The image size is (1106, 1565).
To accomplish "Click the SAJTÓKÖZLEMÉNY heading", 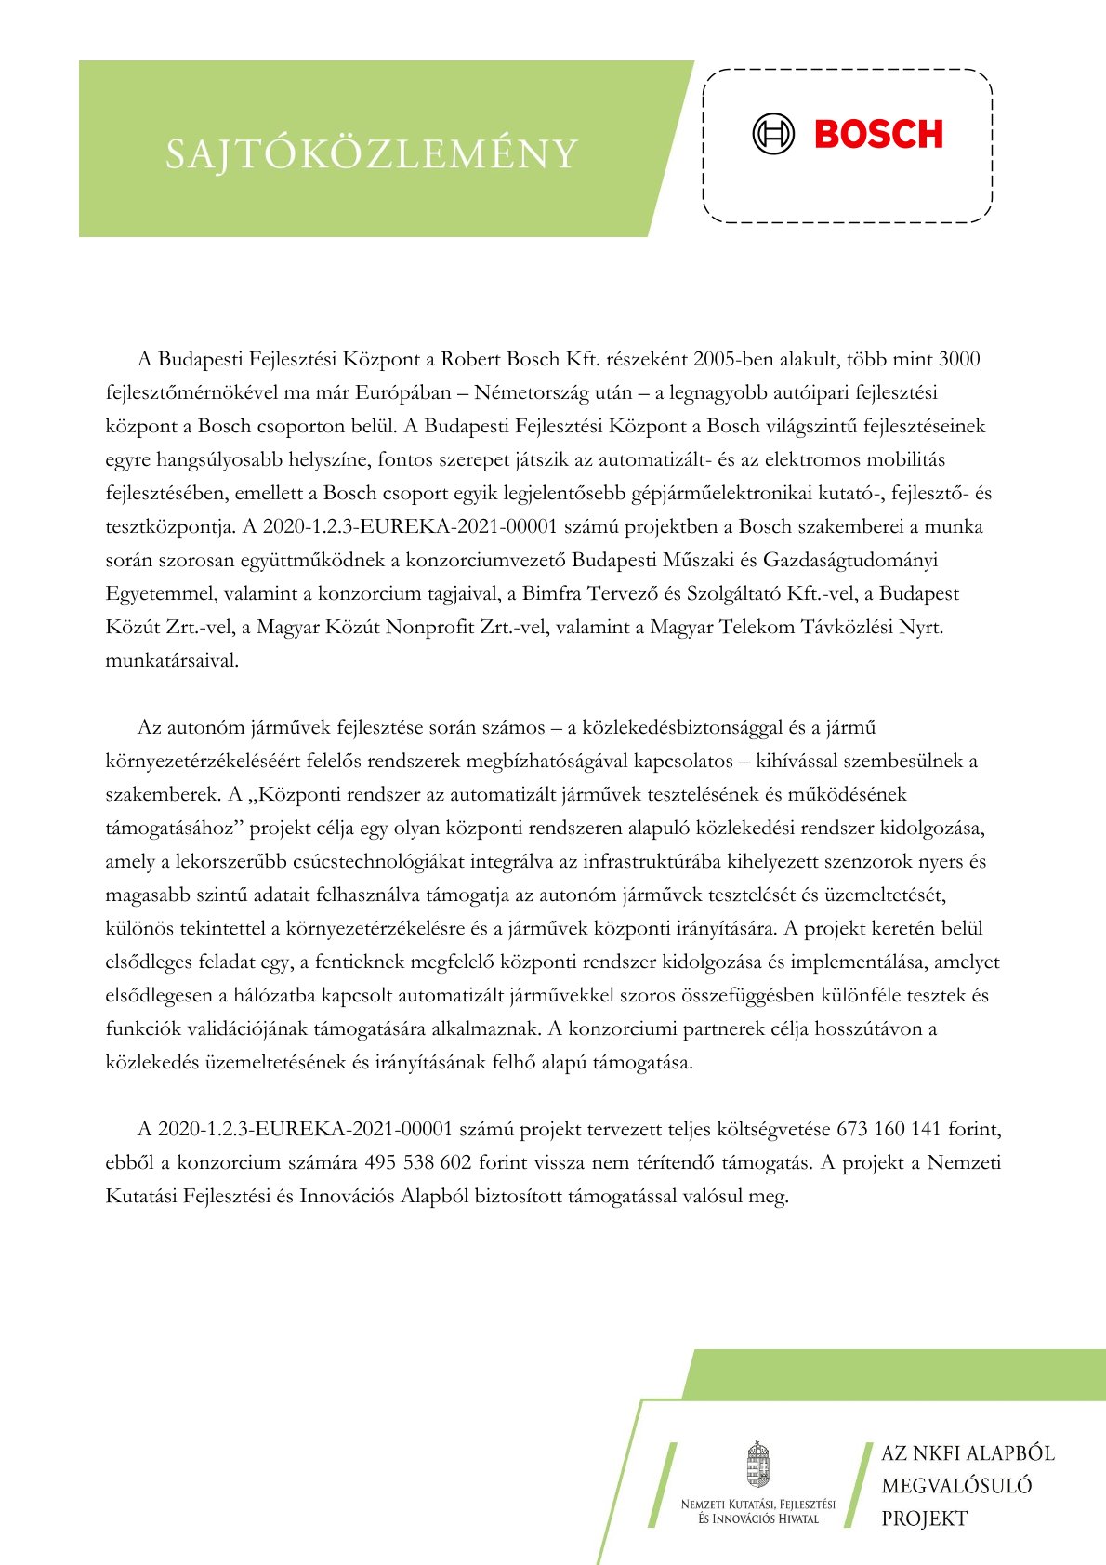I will [x=372, y=154].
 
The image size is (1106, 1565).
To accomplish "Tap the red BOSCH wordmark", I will [x=878, y=135].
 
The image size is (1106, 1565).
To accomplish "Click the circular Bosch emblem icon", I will [x=773, y=135].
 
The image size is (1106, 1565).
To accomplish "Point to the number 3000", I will [x=959, y=359].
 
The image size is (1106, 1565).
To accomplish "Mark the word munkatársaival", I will [x=172, y=661].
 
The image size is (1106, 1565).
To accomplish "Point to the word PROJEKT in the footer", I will [x=924, y=1519].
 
